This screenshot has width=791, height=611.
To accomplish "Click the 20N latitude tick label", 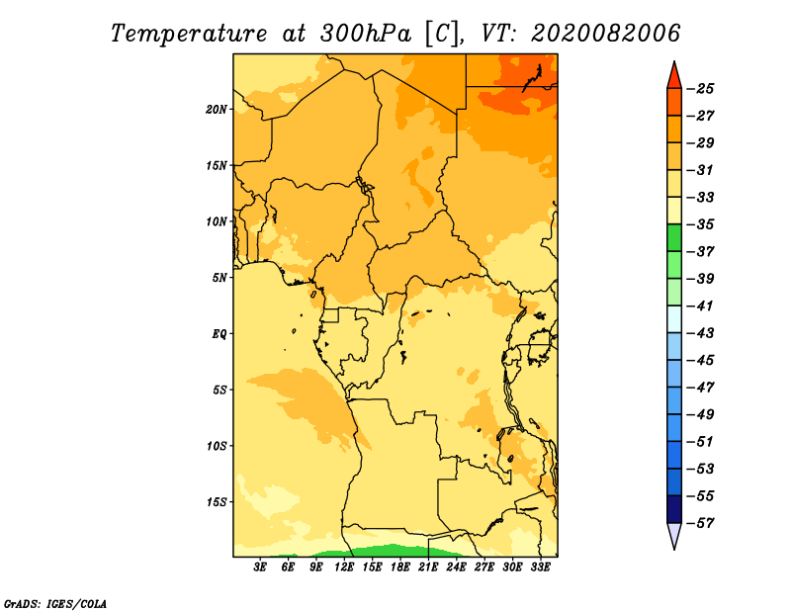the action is point(217,110).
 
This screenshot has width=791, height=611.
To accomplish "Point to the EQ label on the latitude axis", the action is point(220,334).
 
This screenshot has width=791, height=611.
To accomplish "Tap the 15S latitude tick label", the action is point(217,502).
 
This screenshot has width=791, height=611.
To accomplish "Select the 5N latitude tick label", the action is point(220,278).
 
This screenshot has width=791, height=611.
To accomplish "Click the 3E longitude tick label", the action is point(260,567).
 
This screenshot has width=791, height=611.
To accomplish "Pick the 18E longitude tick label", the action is point(400,567).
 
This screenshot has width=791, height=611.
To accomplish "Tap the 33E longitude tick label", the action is point(540,567).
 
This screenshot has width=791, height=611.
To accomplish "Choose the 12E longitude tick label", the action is point(344,567).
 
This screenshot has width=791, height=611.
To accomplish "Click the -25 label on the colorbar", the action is point(701,89).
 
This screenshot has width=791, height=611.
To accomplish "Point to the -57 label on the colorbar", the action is point(701,523).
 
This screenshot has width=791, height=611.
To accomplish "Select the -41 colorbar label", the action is point(701,305).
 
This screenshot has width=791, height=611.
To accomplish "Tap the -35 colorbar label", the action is point(701,224).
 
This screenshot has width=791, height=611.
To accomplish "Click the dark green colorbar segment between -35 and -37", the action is point(674,237).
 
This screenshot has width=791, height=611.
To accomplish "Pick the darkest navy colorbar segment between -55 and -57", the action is point(674,509).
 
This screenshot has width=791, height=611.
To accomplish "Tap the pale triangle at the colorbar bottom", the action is point(674,534).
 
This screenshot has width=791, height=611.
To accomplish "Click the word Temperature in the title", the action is point(189,34).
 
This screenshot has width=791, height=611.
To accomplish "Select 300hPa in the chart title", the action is point(366,34).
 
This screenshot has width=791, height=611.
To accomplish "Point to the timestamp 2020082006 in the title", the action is point(606,34).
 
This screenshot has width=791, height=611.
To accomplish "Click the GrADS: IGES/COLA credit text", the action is point(55,603).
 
